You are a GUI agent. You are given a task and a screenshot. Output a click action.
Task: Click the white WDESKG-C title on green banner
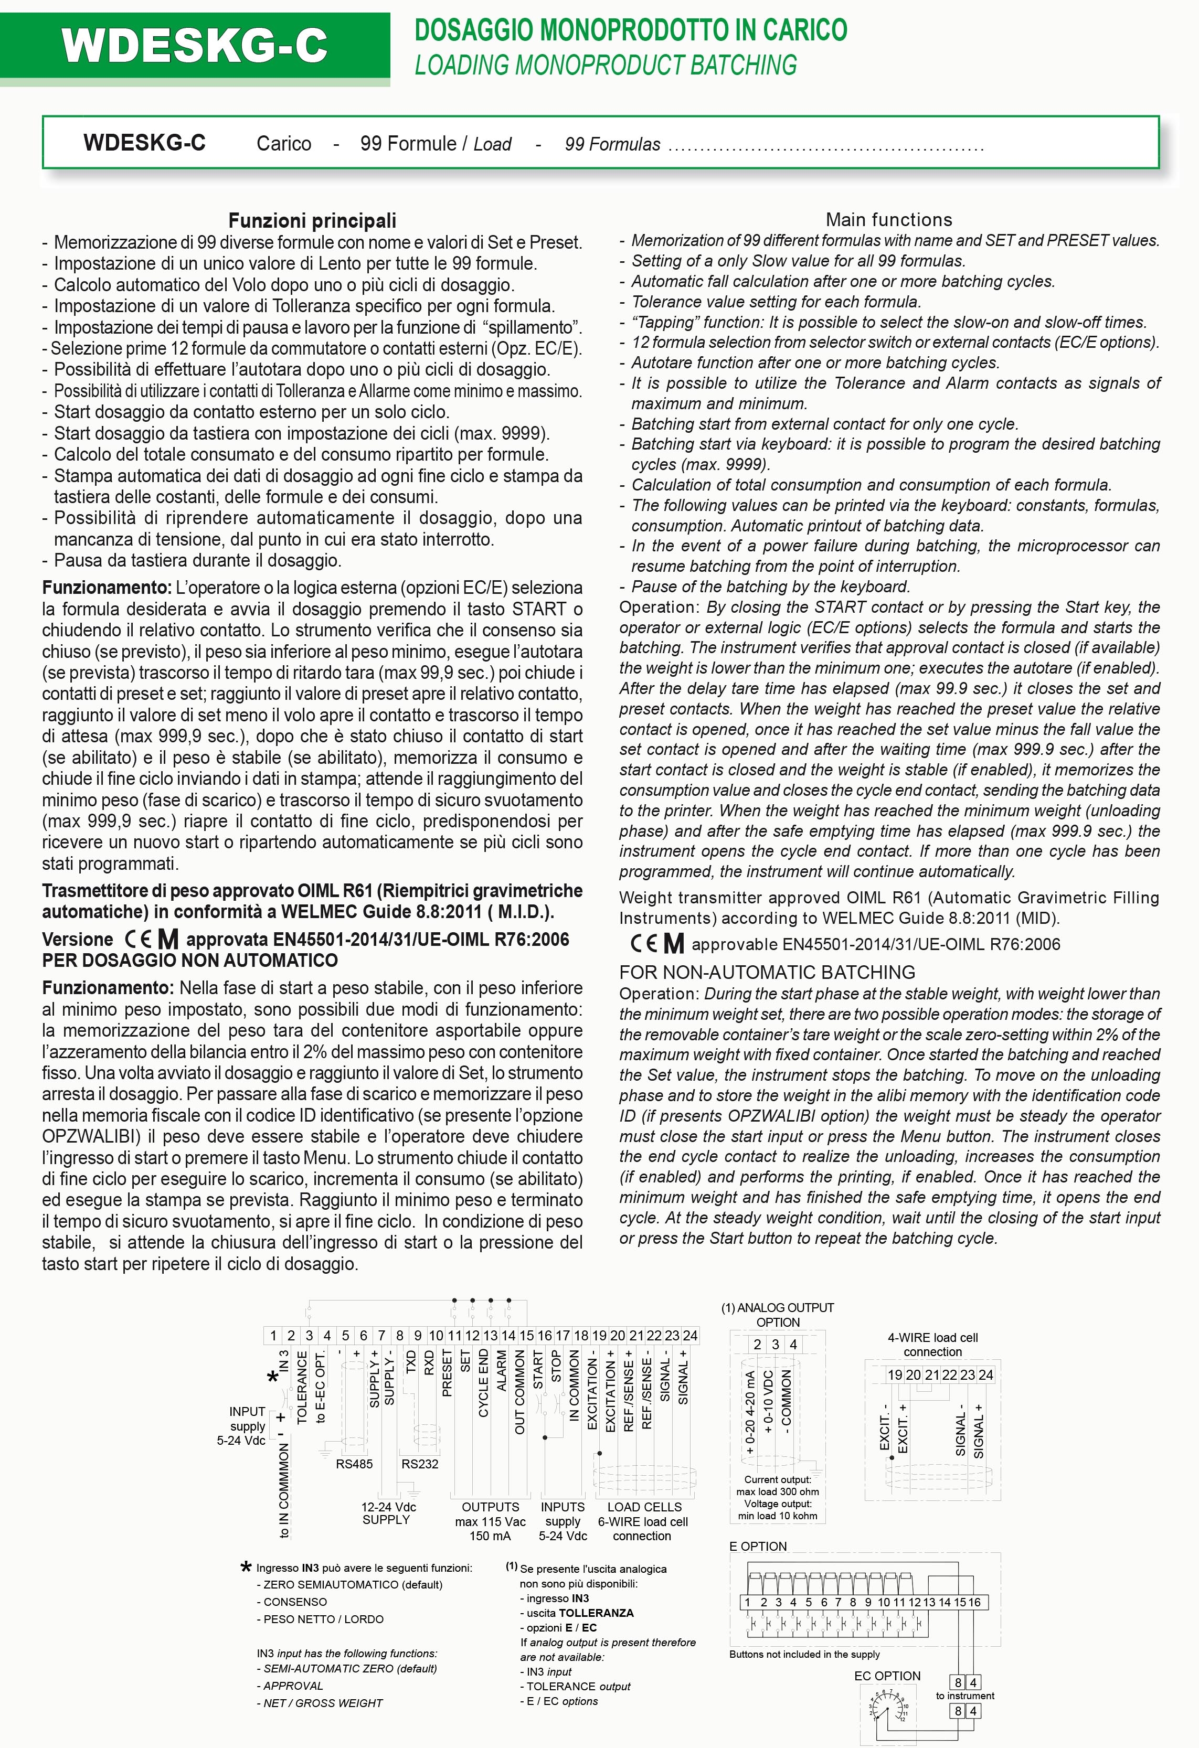coord(194,46)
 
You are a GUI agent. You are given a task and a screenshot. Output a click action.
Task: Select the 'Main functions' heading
coord(888,220)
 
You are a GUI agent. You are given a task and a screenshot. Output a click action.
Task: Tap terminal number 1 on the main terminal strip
coord(273,1336)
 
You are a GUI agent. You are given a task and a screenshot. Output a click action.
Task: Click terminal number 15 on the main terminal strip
coord(526,1336)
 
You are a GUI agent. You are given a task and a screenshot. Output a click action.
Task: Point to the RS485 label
coord(354,1464)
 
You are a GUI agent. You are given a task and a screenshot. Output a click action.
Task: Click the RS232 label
coord(420,1464)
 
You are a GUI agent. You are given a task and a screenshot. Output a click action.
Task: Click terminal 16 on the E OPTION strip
coord(975,1603)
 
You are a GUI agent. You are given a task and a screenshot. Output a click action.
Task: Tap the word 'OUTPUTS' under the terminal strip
coord(491,1507)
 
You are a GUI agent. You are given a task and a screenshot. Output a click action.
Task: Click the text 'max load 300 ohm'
coord(778,1491)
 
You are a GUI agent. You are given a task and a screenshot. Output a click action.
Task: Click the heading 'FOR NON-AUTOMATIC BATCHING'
coord(767,973)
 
